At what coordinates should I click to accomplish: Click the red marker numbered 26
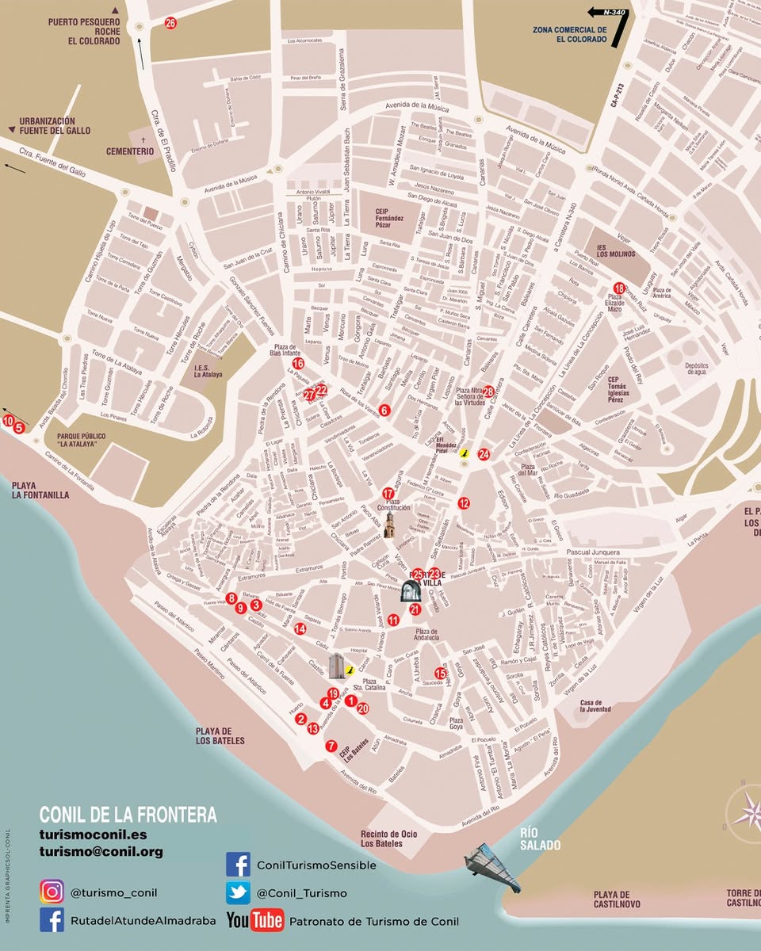170,23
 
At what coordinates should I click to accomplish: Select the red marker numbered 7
331,746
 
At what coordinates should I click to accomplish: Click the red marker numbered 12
464,502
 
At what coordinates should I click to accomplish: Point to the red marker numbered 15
441,673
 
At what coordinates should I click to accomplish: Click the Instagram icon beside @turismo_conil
52,892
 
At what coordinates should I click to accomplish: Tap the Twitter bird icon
238,892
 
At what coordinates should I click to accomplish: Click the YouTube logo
254,920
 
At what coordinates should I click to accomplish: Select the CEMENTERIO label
130,151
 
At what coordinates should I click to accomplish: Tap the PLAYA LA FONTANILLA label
40,490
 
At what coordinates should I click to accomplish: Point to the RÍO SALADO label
540,839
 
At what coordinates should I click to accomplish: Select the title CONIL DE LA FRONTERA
128,815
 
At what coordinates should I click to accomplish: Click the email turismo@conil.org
101,852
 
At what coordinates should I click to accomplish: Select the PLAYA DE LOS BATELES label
220,735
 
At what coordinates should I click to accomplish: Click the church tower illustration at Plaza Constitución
390,525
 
